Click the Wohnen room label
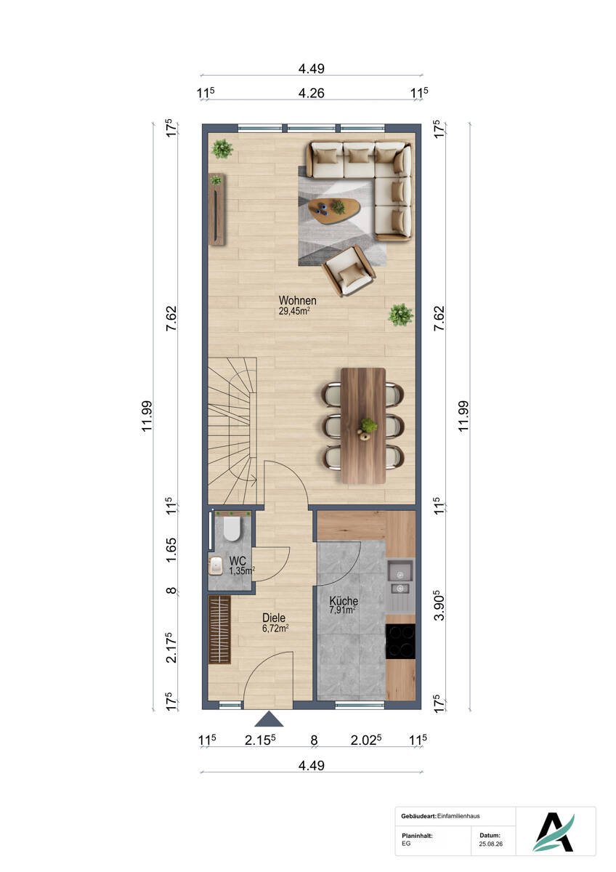(297, 301)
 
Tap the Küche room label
(344, 601)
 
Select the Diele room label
(274, 618)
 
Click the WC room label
(238, 561)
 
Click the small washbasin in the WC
(216, 565)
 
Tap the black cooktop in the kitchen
(400, 641)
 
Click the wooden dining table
(363, 426)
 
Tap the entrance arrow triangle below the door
(269, 719)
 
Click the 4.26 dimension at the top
(311, 93)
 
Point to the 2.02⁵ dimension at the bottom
(365, 740)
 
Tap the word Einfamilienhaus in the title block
(458, 816)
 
